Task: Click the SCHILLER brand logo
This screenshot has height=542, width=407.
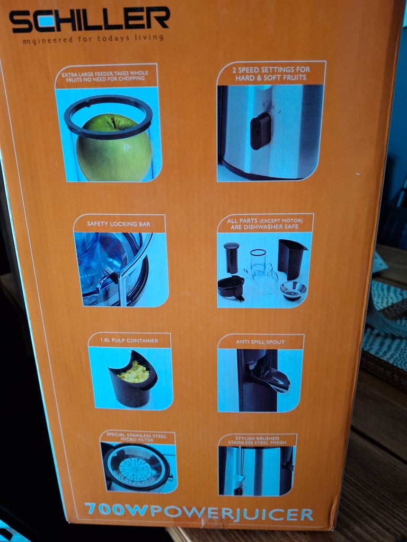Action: pos(89,21)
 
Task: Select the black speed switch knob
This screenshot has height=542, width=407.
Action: pos(260,130)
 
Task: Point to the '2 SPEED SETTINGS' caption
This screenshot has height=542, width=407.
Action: pos(271,74)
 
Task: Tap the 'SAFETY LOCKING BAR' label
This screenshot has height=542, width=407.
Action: pos(119,224)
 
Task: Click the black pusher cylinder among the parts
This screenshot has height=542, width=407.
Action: pos(231,257)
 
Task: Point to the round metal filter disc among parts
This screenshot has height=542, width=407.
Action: pos(294,290)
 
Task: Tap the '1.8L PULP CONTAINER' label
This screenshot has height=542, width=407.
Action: pos(129,340)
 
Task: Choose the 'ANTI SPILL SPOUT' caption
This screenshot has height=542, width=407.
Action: pos(260,342)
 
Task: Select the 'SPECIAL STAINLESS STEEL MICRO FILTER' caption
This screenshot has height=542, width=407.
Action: pos(137,437)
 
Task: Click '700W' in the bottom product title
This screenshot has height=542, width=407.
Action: pos(113,512)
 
